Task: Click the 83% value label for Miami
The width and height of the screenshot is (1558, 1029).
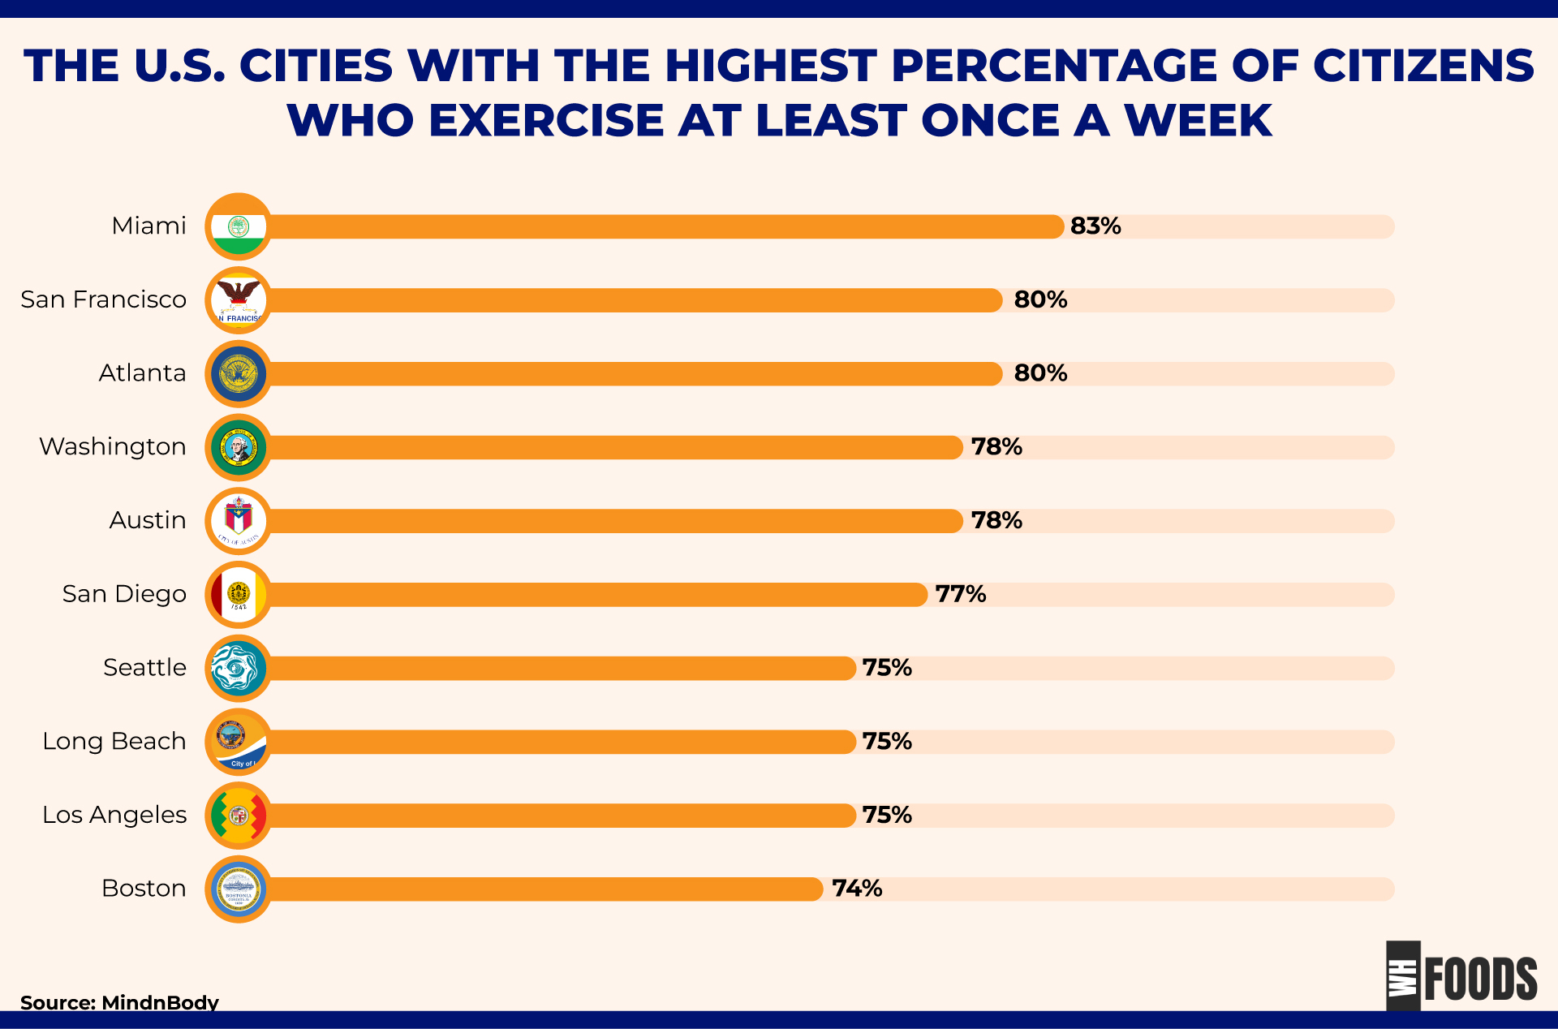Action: [1095, 226]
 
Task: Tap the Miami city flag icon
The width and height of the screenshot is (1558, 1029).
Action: [239, 226]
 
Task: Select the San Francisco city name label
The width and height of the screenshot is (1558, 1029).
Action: [103, 299]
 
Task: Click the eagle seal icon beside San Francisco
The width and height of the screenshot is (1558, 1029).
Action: [239, 300]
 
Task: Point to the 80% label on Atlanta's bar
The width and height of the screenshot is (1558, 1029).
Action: [1040, 373]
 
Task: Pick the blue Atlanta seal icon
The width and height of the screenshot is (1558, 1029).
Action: [239, 374]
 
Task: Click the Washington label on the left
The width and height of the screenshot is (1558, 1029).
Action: [113, 446]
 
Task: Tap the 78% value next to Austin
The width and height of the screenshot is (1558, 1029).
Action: [996, 520]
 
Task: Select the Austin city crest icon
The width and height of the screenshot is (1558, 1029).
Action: [239, 521]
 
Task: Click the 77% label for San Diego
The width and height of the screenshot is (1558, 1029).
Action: [961, 594]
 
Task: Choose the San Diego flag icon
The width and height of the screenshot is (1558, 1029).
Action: [239, 595]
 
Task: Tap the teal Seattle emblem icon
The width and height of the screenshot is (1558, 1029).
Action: [239, 669]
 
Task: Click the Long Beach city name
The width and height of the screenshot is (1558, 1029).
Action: [114, 741]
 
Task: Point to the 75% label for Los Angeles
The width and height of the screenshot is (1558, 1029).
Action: [887, 815]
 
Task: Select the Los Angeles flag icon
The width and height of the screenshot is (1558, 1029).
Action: [239, 816]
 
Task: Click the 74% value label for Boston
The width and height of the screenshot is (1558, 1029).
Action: [857, 889]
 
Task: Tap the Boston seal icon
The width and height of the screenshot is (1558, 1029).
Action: [239, 889]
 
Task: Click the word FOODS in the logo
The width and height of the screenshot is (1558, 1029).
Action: [1480, 979]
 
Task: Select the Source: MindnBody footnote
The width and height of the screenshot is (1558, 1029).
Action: [119, 1002]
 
